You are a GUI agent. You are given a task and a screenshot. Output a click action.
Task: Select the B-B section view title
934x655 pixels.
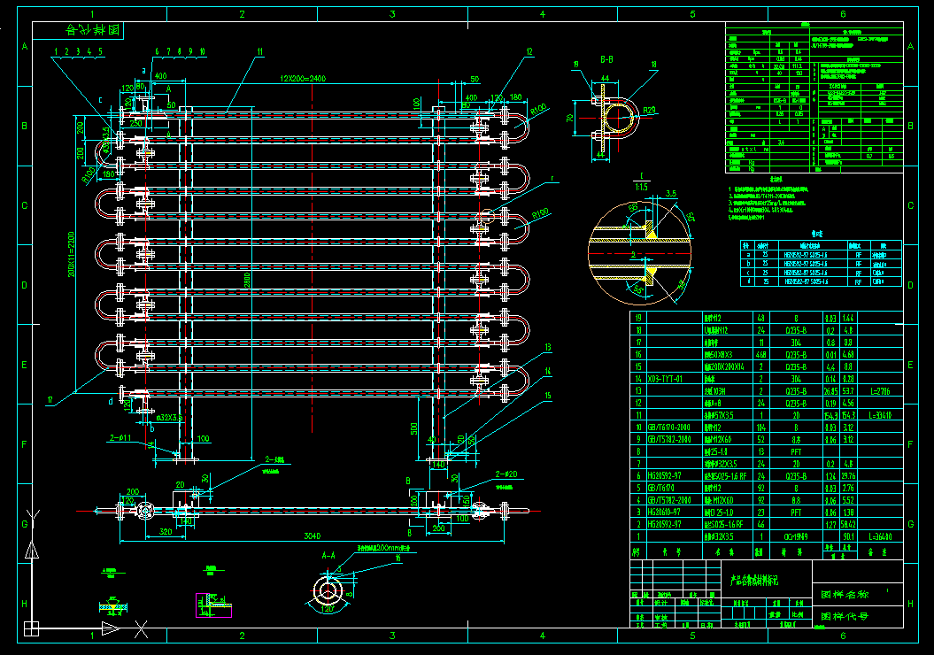pos(607,59)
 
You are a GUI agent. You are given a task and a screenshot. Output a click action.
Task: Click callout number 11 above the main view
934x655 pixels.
pos(260,51)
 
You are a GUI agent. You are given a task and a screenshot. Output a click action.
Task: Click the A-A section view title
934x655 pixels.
pos(328,555)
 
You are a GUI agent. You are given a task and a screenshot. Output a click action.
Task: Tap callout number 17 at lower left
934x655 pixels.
pos(50,399)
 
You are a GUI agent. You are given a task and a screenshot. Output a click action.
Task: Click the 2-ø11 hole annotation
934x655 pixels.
pos(120,437)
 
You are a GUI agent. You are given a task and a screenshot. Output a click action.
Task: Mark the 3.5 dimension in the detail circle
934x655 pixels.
pos(671,193)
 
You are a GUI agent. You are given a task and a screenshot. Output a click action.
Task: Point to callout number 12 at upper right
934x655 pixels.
pos(529,51)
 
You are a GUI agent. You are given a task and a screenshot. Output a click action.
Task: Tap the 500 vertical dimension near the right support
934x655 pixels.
pos(414,429)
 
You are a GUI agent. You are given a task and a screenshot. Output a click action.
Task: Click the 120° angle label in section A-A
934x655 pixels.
pos(327,609)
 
